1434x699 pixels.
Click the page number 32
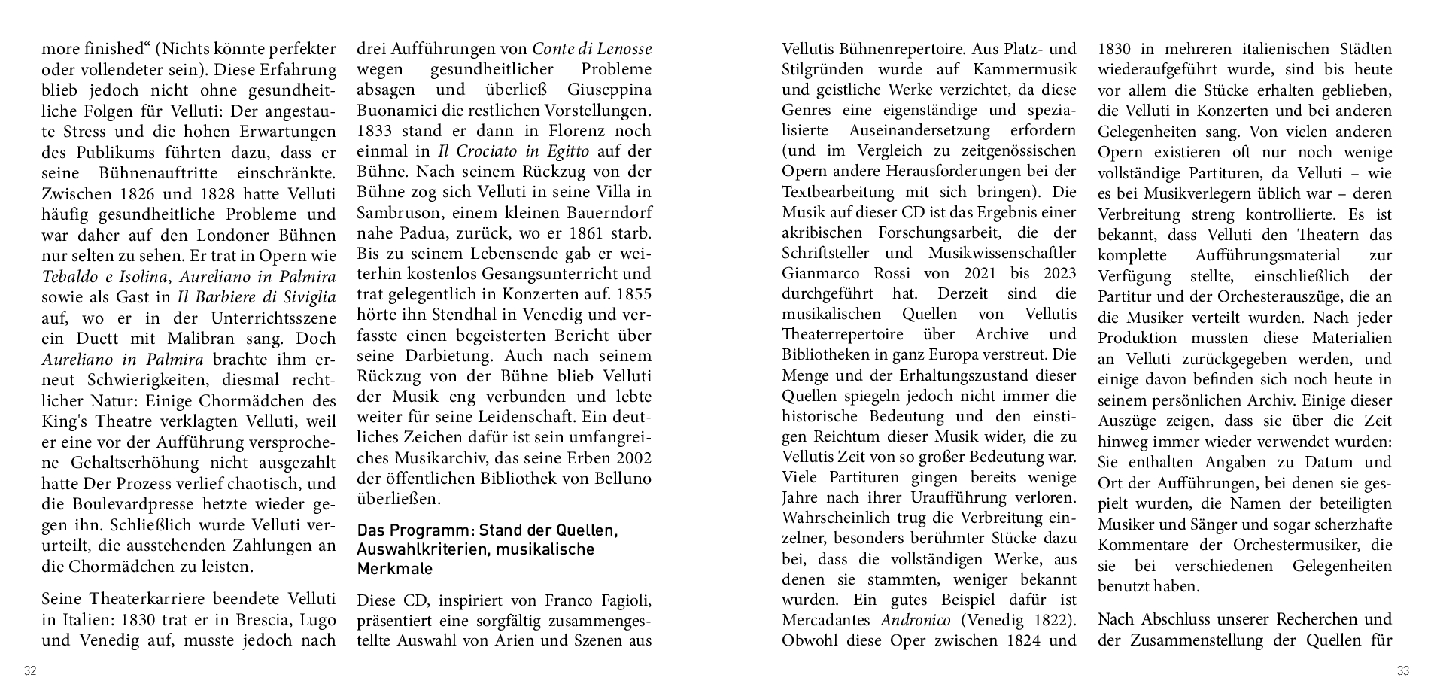point(30,671)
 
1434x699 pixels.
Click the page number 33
point(1402,671)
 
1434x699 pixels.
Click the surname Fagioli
point(618,600)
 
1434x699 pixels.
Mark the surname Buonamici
point(396,110)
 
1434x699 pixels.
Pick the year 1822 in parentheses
point(1044,621)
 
